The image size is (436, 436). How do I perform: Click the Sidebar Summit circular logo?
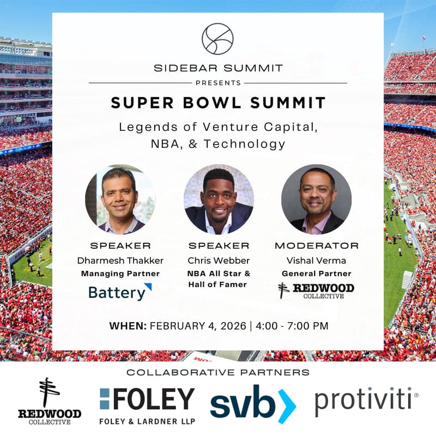217,39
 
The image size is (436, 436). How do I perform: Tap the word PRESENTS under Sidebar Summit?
217,83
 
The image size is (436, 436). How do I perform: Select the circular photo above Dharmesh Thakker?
120,199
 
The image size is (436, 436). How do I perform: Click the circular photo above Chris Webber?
218,199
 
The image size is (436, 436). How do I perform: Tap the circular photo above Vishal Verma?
316,199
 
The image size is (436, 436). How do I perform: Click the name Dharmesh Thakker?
120,261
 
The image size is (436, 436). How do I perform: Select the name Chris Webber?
218,261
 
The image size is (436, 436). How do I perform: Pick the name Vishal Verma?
316,261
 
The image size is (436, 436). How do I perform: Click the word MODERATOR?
316,246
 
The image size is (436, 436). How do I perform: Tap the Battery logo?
120,292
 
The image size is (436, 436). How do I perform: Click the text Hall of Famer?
218,284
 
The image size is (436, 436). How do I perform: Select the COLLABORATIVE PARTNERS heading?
217,372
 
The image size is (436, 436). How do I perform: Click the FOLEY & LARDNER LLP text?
147,420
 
